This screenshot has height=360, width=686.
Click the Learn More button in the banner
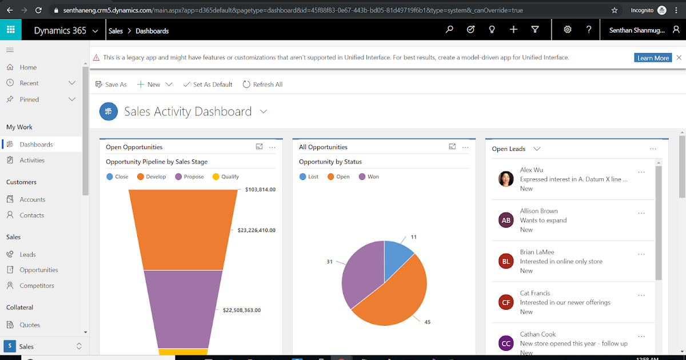coord(653,58)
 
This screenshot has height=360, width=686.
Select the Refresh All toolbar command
coord(262,85)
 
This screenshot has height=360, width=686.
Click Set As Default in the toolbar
coord(208,85)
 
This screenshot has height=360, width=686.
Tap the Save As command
coord(111,85)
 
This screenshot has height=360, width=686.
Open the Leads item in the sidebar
coord(27,254)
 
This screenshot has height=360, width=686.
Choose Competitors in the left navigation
coord(37,286)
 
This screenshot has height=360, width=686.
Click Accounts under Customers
coord(32,199)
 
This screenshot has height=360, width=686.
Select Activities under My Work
coord(32,161)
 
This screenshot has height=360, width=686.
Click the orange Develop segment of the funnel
coord(183,229)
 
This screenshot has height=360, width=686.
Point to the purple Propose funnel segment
coord(183,309)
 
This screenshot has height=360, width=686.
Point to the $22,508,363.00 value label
coord(241,310)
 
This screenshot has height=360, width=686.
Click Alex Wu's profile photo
coord(506,179)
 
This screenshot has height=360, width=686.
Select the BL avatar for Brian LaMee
coord(506,261)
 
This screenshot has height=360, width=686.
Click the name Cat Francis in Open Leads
coord(535,293)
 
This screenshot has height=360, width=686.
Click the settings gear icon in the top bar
coord(568,30)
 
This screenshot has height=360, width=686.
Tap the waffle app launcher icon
coord(11,30)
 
